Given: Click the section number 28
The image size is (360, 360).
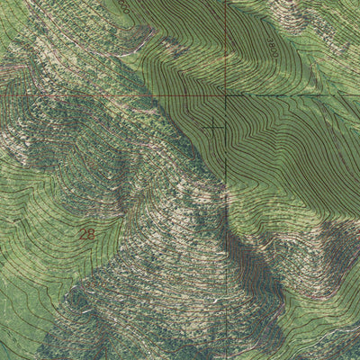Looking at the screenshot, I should pyautogui.click(x=86, y=234).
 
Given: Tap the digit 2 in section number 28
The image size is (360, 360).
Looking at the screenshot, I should pyautogui.click(x=83, y=234).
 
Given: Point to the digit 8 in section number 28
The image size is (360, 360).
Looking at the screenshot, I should pyautogui.click(x=90, y=234).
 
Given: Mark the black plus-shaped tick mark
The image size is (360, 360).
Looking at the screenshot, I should pyautogui.click(x=214, y=128).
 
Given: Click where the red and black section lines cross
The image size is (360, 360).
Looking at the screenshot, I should pyautogui.click(x=224, y=94).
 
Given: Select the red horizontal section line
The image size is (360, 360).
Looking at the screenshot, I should pyautogui.click(x=108, y=95).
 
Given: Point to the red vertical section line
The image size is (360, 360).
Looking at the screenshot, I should pyautogui.click(x=224, y=45).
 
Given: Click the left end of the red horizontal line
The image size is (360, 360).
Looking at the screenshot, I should pyautogui.click(x=2, y=95).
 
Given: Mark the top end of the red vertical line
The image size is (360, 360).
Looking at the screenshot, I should pyautogui.click(x=224, y=2).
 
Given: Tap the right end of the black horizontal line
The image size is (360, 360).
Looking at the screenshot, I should pyautogui.click(x=358, y=94).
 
